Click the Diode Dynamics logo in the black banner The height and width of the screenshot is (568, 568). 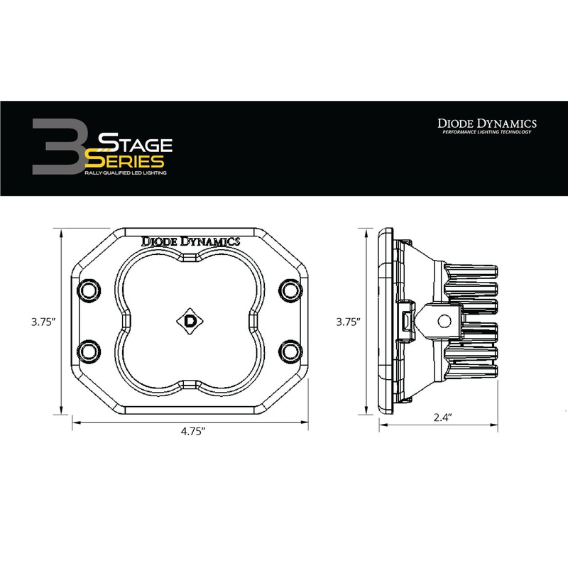pos(486,123)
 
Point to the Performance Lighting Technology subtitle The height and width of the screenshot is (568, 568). pos(486,133)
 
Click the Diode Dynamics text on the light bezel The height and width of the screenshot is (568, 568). pos(191,241)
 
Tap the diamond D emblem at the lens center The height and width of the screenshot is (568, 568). pos(190,319)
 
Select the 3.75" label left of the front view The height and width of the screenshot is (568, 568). pos(44,321)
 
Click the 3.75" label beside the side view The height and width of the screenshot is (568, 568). pos(348,321)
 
